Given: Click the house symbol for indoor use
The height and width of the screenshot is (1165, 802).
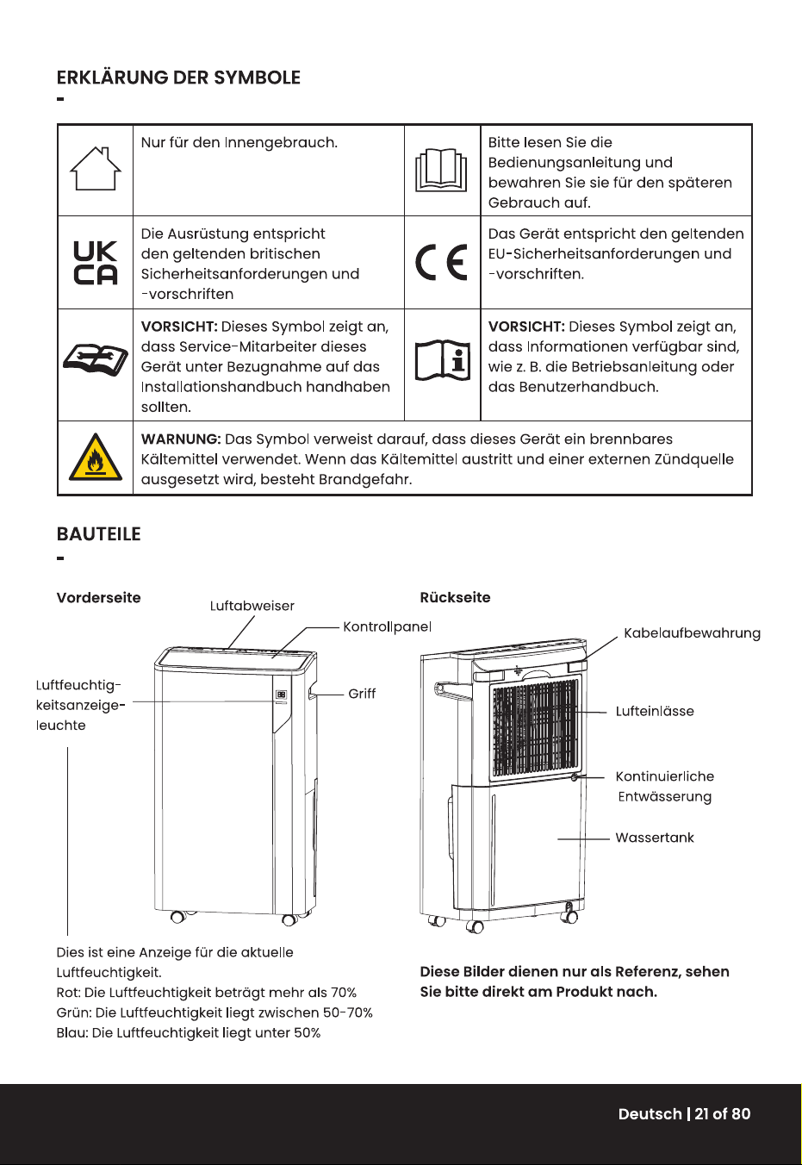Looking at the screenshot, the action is [x=95, y=169].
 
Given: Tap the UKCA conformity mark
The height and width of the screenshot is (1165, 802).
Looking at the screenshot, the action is [x=95, y=263].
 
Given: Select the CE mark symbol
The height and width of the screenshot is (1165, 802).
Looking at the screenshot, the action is [x=442, y=262].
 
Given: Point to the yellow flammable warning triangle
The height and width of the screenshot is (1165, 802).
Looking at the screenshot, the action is [x=95, y=457].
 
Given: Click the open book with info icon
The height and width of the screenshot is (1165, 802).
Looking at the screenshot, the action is [x=442, y=360].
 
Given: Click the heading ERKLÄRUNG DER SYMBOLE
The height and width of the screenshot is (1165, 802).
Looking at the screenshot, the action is [x=178, y=78].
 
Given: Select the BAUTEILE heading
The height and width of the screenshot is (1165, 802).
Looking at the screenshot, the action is [x=99, y=534].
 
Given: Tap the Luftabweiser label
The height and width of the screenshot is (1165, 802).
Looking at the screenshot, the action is [x=252, y=606].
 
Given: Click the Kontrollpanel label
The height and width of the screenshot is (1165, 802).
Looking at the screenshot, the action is [x=388, y=626].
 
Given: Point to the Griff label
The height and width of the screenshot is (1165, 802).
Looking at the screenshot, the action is [x=362, y=694].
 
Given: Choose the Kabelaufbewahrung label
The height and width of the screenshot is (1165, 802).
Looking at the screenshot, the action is [x=693, y=633].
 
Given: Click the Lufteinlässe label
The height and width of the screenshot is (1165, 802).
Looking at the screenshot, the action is [x=655, y=711].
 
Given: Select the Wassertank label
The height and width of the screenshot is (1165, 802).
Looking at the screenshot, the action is [x=655, y=838].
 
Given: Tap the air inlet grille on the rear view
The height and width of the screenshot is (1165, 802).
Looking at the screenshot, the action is [x=535, y=727].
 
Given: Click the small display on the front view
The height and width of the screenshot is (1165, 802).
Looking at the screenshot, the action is [x=281, y=695].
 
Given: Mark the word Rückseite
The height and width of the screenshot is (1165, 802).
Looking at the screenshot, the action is [x=455, y=597].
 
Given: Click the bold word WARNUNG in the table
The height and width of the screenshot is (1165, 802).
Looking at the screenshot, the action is [x=181, y=439].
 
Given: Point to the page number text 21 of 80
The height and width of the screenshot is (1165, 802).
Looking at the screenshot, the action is [x=723, y=1113].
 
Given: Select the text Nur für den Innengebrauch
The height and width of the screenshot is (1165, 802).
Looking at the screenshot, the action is [x=239, y=142].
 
